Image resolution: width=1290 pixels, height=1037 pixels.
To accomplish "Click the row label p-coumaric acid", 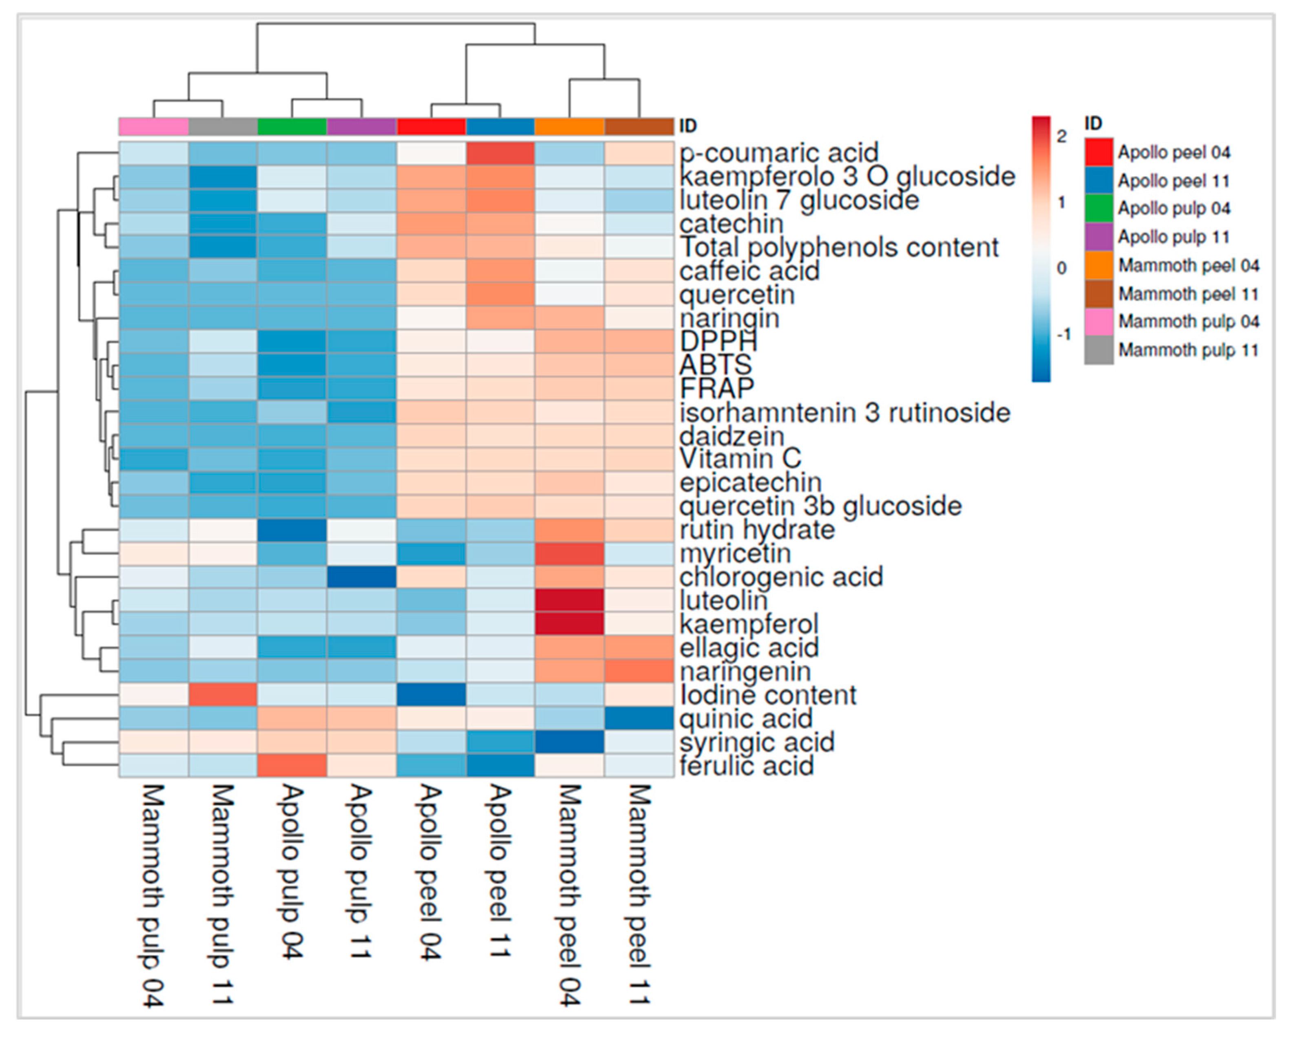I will tap(778, 153).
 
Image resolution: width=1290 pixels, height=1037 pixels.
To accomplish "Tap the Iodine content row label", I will tap(768, 695).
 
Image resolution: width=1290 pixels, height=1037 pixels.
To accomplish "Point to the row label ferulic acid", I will tap(747, 766).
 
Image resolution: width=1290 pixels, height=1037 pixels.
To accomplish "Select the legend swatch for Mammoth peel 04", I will tap(1099, 266).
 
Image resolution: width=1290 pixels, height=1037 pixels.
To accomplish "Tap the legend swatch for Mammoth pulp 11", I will tap(1099, 350).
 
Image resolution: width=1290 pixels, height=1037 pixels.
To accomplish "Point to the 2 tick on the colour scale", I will tap(1062, 136).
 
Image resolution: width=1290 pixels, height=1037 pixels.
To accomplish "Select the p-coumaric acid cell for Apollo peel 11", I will tap(500, 153).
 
